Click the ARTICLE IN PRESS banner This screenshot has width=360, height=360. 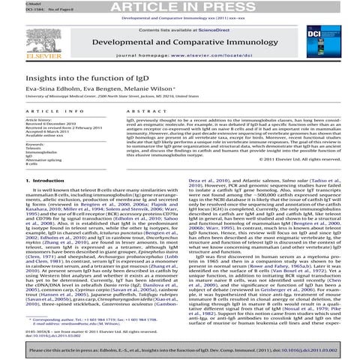click(180, 6)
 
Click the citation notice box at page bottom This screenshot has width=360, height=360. click(180, 351)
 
